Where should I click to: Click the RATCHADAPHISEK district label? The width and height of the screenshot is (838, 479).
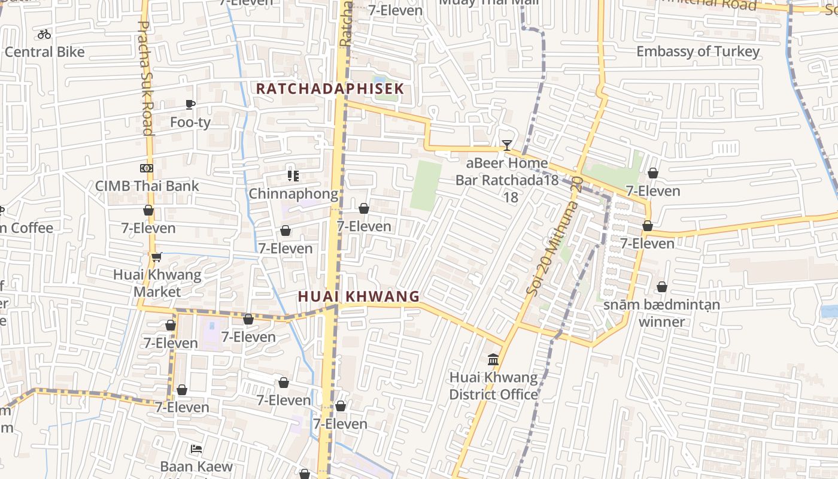coord(330,89)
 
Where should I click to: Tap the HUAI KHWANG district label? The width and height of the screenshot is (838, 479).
coord(359,296)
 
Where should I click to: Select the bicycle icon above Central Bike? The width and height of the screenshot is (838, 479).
coord(44,34)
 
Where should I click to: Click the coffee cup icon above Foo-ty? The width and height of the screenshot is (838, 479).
coord(190,105)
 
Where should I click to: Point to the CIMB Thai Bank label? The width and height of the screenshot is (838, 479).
coord(147,186)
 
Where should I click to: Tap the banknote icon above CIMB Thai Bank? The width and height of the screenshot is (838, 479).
coord(147,168)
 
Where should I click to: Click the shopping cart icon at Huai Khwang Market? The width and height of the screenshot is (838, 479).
coord(157,257)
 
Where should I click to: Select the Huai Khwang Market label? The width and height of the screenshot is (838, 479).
coord(157,283)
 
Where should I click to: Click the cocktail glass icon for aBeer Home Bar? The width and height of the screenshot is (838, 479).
coord(507,145)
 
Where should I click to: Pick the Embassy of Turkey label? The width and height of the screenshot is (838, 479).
coord(698,51)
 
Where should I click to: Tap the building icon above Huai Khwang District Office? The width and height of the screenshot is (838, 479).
coord(493,360)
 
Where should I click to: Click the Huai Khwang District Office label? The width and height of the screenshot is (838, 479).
coord(493,386)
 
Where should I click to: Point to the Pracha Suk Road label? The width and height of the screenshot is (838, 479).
coord(145,78)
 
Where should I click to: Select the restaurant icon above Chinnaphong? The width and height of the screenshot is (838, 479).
coord(293,176)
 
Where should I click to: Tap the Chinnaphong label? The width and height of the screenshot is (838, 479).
coord(293,194)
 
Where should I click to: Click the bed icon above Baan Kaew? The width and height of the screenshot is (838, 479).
coord(196,449)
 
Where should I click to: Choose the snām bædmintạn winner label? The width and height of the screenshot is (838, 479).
coord(661,313)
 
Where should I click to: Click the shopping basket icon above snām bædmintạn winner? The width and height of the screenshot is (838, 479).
coord(662,287)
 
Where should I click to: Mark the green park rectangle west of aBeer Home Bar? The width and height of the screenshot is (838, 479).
coord(426,186)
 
